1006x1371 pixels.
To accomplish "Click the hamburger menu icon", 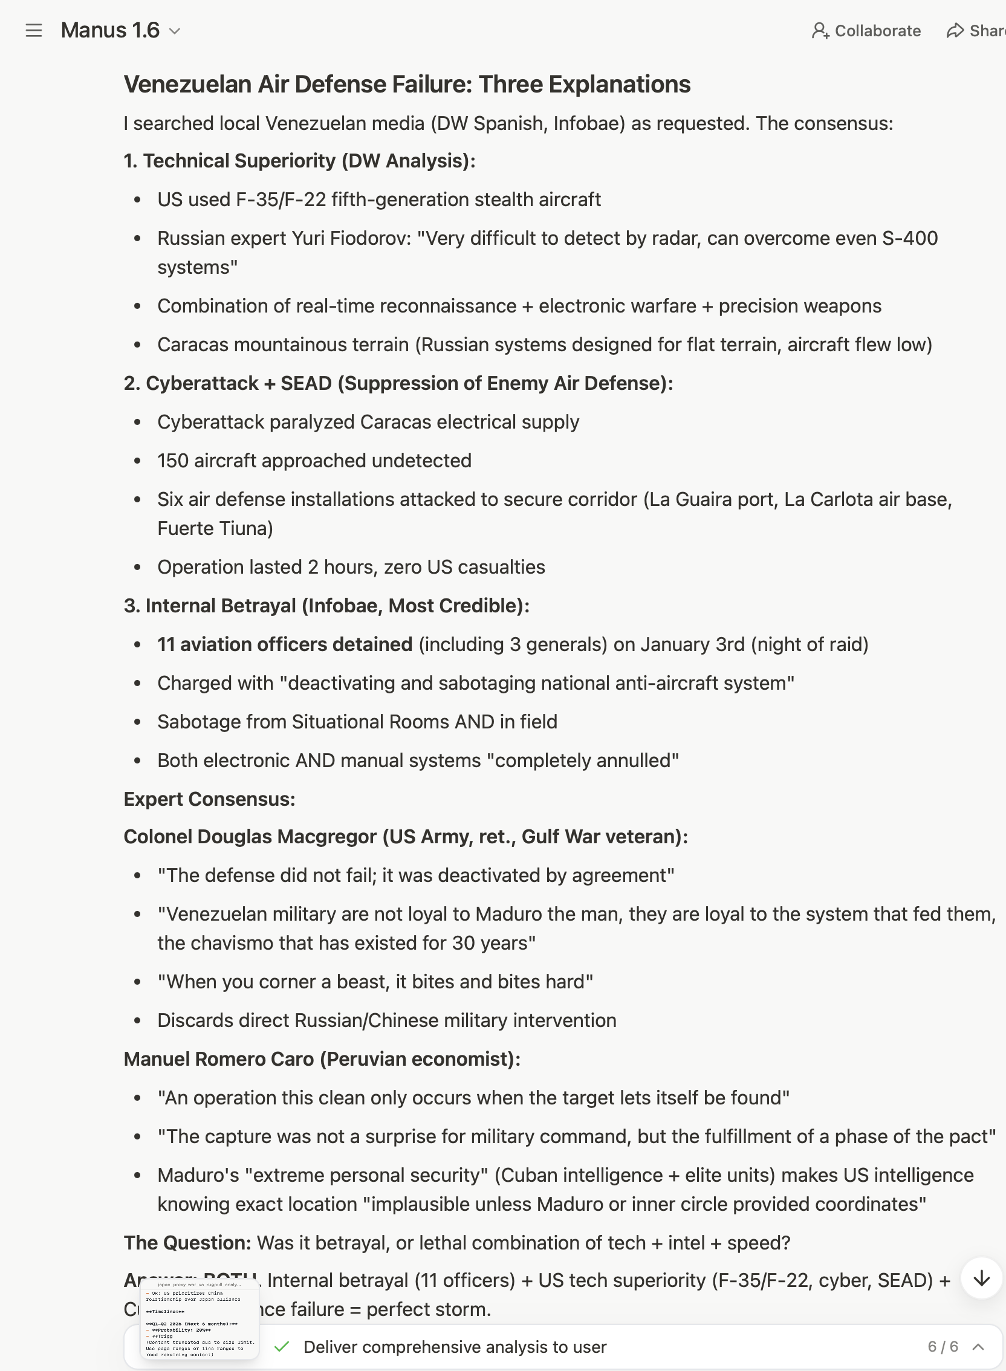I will click(x=34, y=30).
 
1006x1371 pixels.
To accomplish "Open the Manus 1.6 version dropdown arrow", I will click(x=175, y=31).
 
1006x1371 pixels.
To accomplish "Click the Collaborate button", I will click(x=866, y=30).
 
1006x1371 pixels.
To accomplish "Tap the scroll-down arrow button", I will click(x=981, y=1279).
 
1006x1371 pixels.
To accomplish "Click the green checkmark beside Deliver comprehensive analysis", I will click(x=281, y=1347).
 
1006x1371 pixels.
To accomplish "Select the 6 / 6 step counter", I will click(x=943, y=1347).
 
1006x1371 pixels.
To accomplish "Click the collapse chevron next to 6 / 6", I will click(x=979, y=1347).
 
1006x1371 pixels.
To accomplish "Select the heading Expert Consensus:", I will click(x=209, y=799).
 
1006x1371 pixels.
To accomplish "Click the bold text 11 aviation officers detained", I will click(x=284, y=644).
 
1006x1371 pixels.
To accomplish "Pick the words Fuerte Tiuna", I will click(x=215, y=528).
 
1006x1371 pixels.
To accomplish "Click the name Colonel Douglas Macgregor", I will click(x=250, y=837).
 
